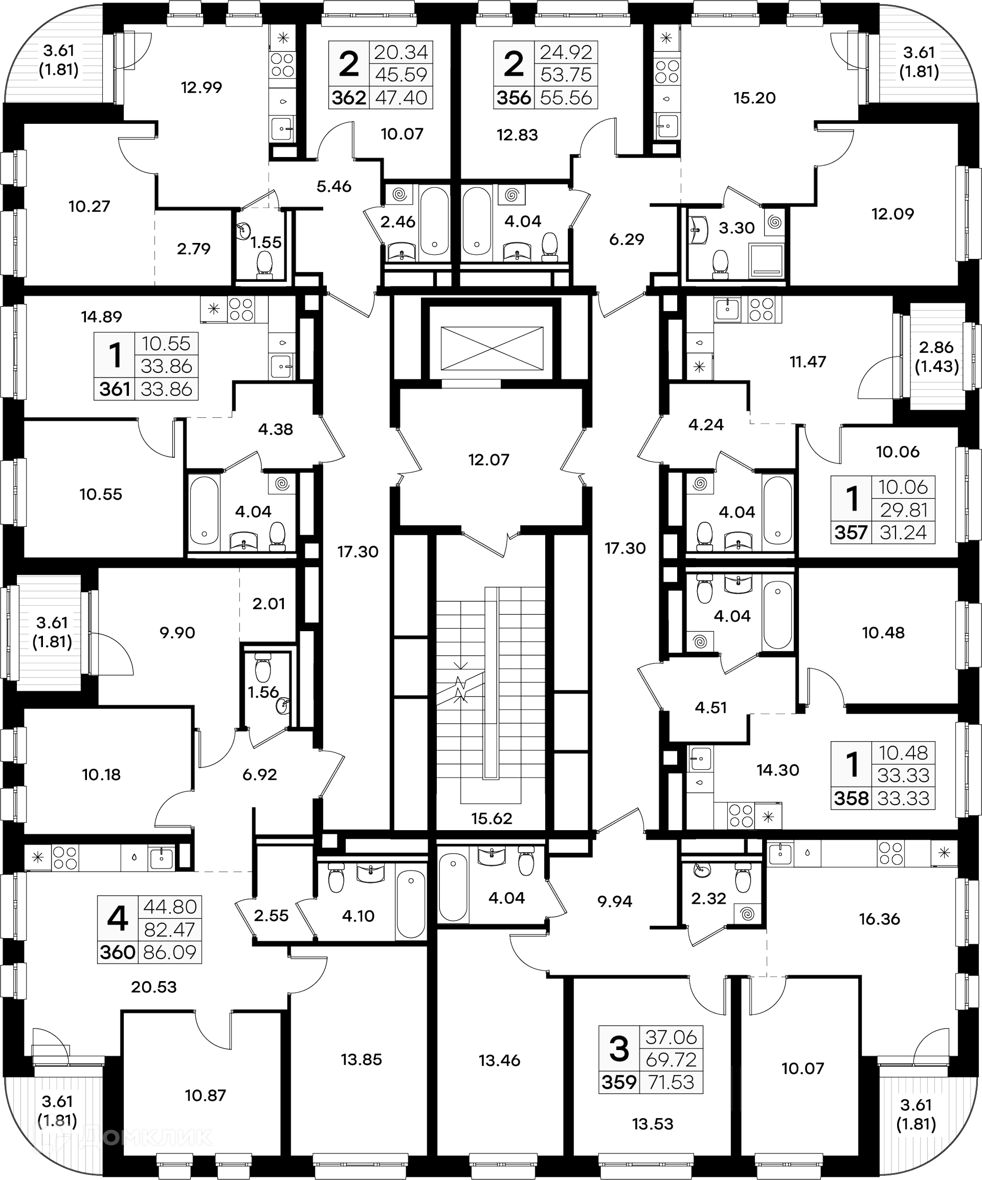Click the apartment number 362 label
pyautogui.click(x=349, y=98)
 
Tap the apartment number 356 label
pyautogui.click(x=514, y=98)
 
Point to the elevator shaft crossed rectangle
pyautogui.click(x=492, y=348)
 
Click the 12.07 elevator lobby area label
pyautogui.click(x=489, y=460)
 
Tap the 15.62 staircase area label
pyautogui.click(x=492, y=818)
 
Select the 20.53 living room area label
pyautogui.click(x=154, y=987)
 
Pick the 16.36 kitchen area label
pyautogui.click(x=879, y=919)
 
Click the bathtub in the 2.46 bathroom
pyautogui.click(x=434, y=221)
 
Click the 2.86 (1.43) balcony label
pyautogui.click(x=936, y=357)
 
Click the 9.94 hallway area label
pyautogui.click(x=615, y=901)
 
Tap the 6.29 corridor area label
pyautogui.click(x=627, y=239)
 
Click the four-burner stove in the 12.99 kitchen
pyautogui.click(x=282, y=64)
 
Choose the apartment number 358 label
pyautogui.click(x=851, y=798)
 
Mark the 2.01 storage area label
pyautogui.click(x=269, y=604)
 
